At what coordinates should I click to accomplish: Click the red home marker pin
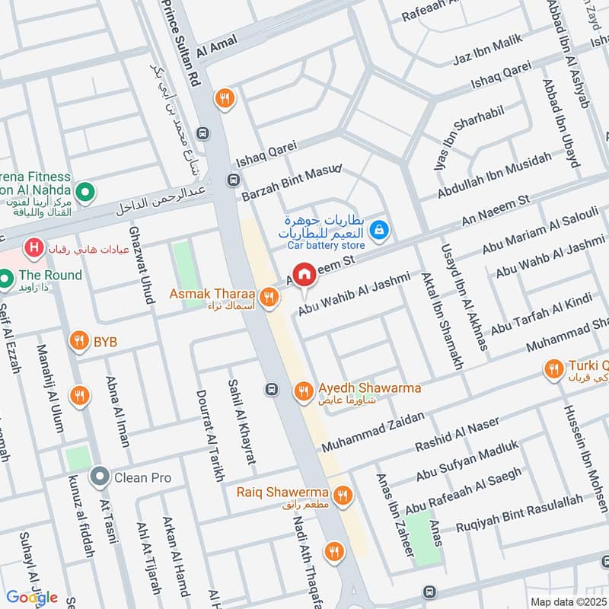click(x=304, y=275)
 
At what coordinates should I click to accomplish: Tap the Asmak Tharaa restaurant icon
click(x=267, y=298)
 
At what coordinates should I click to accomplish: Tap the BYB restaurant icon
click(x=78, y=342)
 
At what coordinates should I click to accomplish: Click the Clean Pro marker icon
click(x=99, y=478)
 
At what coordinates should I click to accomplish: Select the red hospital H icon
click(x=33, y=247)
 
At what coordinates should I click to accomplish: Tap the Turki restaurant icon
click(x=553, y=371)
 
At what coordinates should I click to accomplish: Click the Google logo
click(x=32, y=596)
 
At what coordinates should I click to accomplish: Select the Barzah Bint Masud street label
click(x=291, y=183)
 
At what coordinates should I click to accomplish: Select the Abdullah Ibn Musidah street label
click(x=494, y=176)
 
